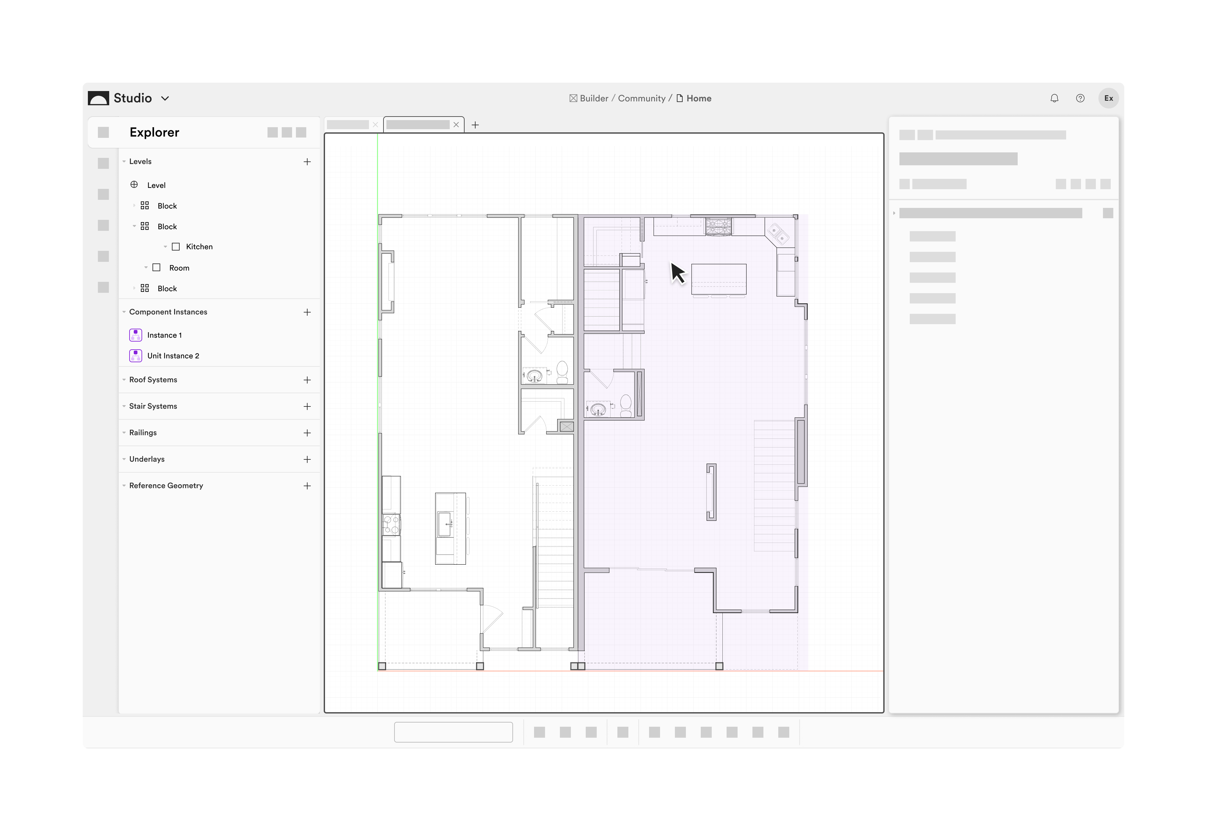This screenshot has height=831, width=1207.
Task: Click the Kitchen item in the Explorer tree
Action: click(199, 247)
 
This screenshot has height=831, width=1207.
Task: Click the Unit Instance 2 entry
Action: click(173, 356)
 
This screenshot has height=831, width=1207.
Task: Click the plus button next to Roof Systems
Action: click(307, 380)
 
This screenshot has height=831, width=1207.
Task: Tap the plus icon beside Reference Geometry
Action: click(307, 486)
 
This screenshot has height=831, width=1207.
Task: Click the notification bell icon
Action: click(1055, 98)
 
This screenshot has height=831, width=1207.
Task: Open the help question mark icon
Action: click(1080, 98)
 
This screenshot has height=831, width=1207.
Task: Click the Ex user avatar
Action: click(1108, 98)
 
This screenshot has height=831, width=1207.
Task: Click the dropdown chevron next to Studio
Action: click(165, 98)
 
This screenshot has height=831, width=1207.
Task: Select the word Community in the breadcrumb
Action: click(641, 98)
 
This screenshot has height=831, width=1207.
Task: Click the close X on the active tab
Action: click(456, 125)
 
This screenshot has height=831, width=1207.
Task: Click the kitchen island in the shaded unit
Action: click(719, 279)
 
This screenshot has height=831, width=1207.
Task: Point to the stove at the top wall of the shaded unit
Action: click(719, 227)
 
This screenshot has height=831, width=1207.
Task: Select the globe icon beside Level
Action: click(134, 185)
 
